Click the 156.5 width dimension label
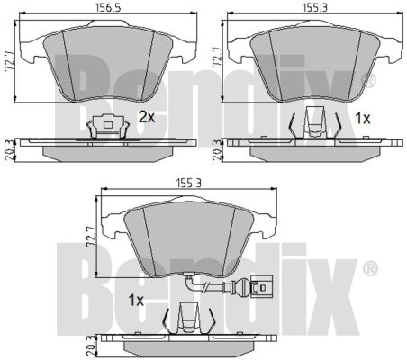pyautogui.click(x=108, y=8)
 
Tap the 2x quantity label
pyautogui.click(x=147, y=117)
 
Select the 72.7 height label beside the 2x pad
pyautogui.click(x=9, y=62)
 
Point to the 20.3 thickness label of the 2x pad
pyautogui.click(x=10, y=152)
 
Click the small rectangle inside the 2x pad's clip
pyautogui.click(x=107, y=124)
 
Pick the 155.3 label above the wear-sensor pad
pyautogui.click(x=188, y=183)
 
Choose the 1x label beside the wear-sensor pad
pyautogui.click(x=136, y=300)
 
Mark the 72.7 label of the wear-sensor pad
pyautogui.click(x=91, y=237)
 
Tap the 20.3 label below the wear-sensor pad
pyautogui.click(x=92, y=346)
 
